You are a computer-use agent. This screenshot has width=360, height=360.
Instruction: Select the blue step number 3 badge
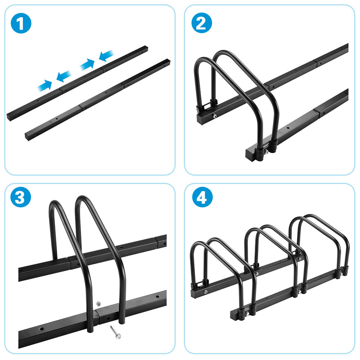pos(21,197)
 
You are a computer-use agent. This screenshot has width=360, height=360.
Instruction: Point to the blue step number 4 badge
pos(202,197)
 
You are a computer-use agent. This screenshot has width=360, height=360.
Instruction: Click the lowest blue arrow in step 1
pos(45,85)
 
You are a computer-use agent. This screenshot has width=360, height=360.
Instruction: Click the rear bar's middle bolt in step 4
pos(257,274)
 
